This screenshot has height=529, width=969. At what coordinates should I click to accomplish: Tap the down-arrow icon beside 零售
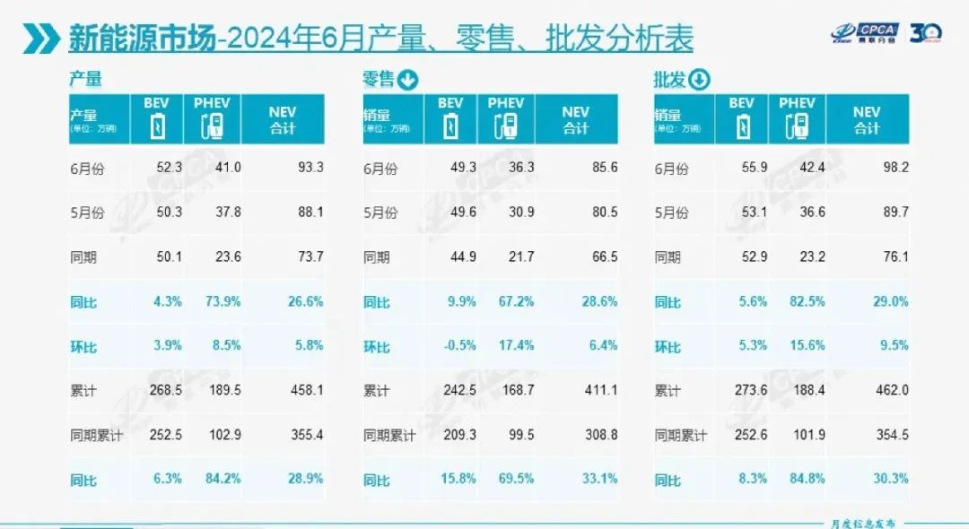tap(407, 81)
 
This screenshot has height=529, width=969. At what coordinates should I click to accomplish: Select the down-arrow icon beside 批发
tap(699, 81)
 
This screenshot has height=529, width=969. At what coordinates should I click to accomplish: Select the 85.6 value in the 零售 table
tap(600, 168)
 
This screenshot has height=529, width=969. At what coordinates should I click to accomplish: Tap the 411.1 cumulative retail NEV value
tap(600, 391)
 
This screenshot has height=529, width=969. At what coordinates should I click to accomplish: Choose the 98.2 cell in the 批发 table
tap(891, 168)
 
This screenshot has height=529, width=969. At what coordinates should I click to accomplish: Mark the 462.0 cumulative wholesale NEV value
tap(890, 391)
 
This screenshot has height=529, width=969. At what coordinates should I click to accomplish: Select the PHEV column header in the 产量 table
tap(212, 118)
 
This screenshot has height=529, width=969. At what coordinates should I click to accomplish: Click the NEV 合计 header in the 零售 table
tap(575, 119)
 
